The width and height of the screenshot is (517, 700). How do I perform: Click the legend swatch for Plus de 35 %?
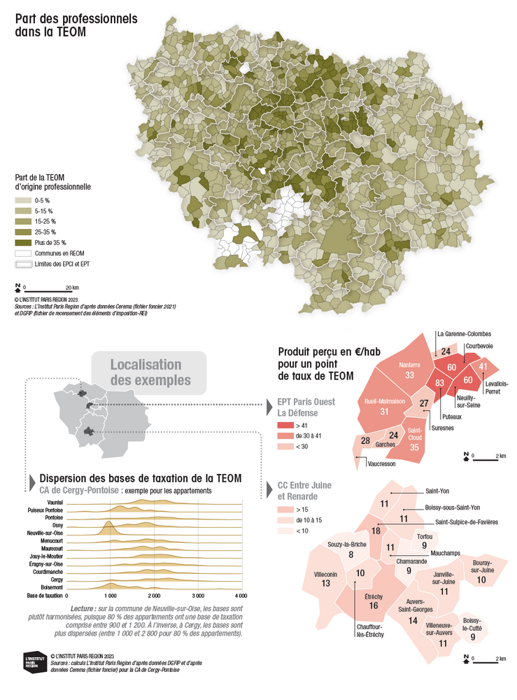coord(24,242)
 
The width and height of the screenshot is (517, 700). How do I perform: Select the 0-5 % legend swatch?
coord(24,200)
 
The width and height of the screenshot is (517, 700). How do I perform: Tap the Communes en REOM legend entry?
coord(24,253)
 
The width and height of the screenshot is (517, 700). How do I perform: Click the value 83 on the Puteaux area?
coord(440,383)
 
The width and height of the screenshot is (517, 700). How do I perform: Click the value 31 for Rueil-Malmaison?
coord(384,412)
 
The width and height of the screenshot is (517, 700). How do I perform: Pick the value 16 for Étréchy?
coord(374,605)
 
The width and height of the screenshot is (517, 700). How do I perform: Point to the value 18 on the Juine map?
coord(376,531)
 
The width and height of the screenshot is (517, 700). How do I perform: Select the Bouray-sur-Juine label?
coord(481,566)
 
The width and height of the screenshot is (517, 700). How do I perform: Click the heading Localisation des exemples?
coord(146,372)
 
